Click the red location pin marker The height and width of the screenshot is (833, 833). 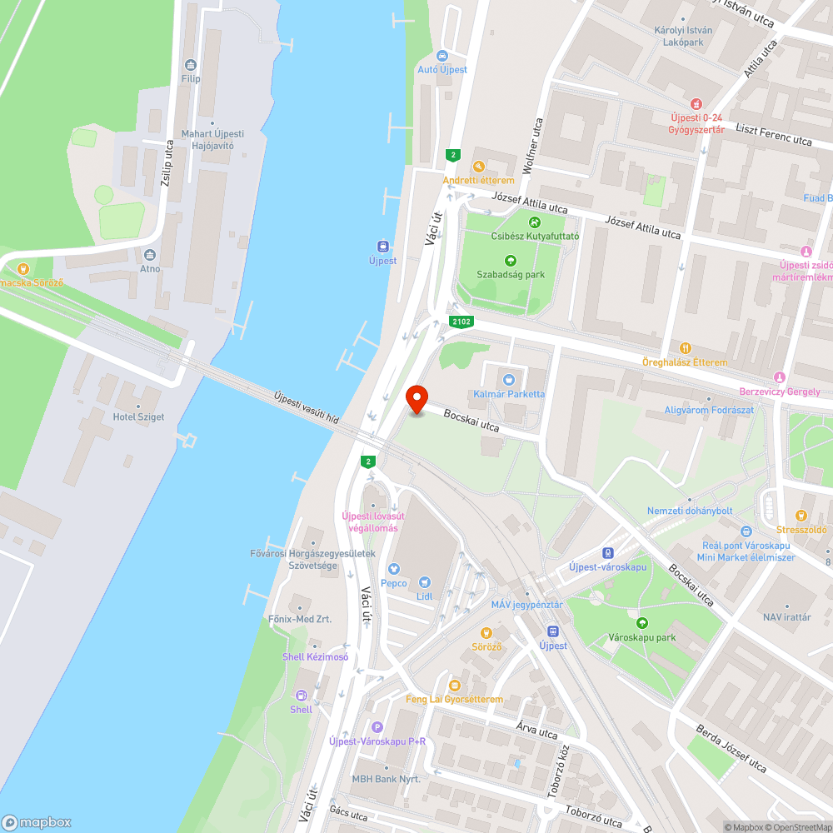[x=416, y=400]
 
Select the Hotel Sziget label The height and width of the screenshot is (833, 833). [x=138, y=416]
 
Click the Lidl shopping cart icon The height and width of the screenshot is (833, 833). [x=425, y=582]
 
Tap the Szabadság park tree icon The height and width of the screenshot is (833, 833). [x=511, y=262]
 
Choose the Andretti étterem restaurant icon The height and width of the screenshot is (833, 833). [x=478, y=166]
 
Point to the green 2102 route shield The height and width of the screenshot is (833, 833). [x=461, y=321]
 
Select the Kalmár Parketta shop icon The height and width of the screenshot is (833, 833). [x=509, y=380]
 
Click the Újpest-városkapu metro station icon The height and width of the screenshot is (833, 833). [x=608, y=552]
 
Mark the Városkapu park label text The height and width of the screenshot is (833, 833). [x=641, y=637]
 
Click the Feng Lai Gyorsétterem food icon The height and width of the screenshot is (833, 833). [x=454, y=686]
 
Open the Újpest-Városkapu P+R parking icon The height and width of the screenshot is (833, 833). [x=377, y=727]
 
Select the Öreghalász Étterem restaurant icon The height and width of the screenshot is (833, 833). [x=685, y=348]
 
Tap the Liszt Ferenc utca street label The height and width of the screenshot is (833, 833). [x=774, y=140]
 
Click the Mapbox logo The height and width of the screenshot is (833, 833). [x=37, y=822]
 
